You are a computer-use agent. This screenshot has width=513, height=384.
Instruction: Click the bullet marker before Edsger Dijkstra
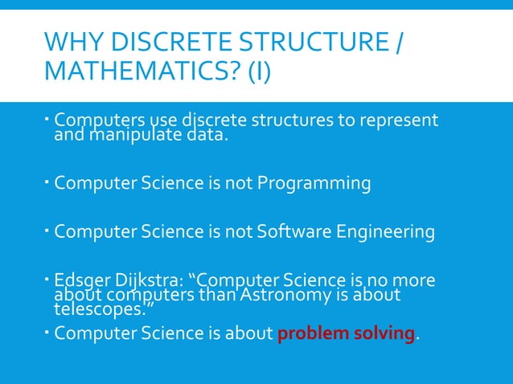[x=47, y=280]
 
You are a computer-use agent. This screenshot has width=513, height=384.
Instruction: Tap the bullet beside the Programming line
[x=47, y=182]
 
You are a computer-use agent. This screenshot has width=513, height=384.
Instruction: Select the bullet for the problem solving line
[x=47, y=331]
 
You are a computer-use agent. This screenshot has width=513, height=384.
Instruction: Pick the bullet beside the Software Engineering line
[x=47, y=231]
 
